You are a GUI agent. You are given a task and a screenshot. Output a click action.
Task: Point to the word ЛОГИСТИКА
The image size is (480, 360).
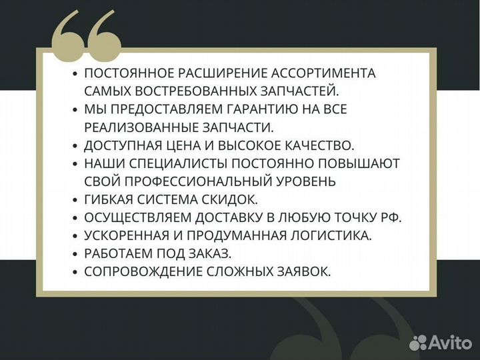pyautogui.click(x=327, y=235)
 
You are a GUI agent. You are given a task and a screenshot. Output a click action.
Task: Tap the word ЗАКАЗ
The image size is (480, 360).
pyautogui.click(x=212, y=253)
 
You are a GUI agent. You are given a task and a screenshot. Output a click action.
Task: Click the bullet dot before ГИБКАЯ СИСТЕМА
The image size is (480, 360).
pyautogui.click(x=76, y=199)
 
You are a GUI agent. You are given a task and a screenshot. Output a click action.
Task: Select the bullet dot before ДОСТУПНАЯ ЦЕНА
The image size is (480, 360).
pyautogui.click(x=76, y=145)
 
